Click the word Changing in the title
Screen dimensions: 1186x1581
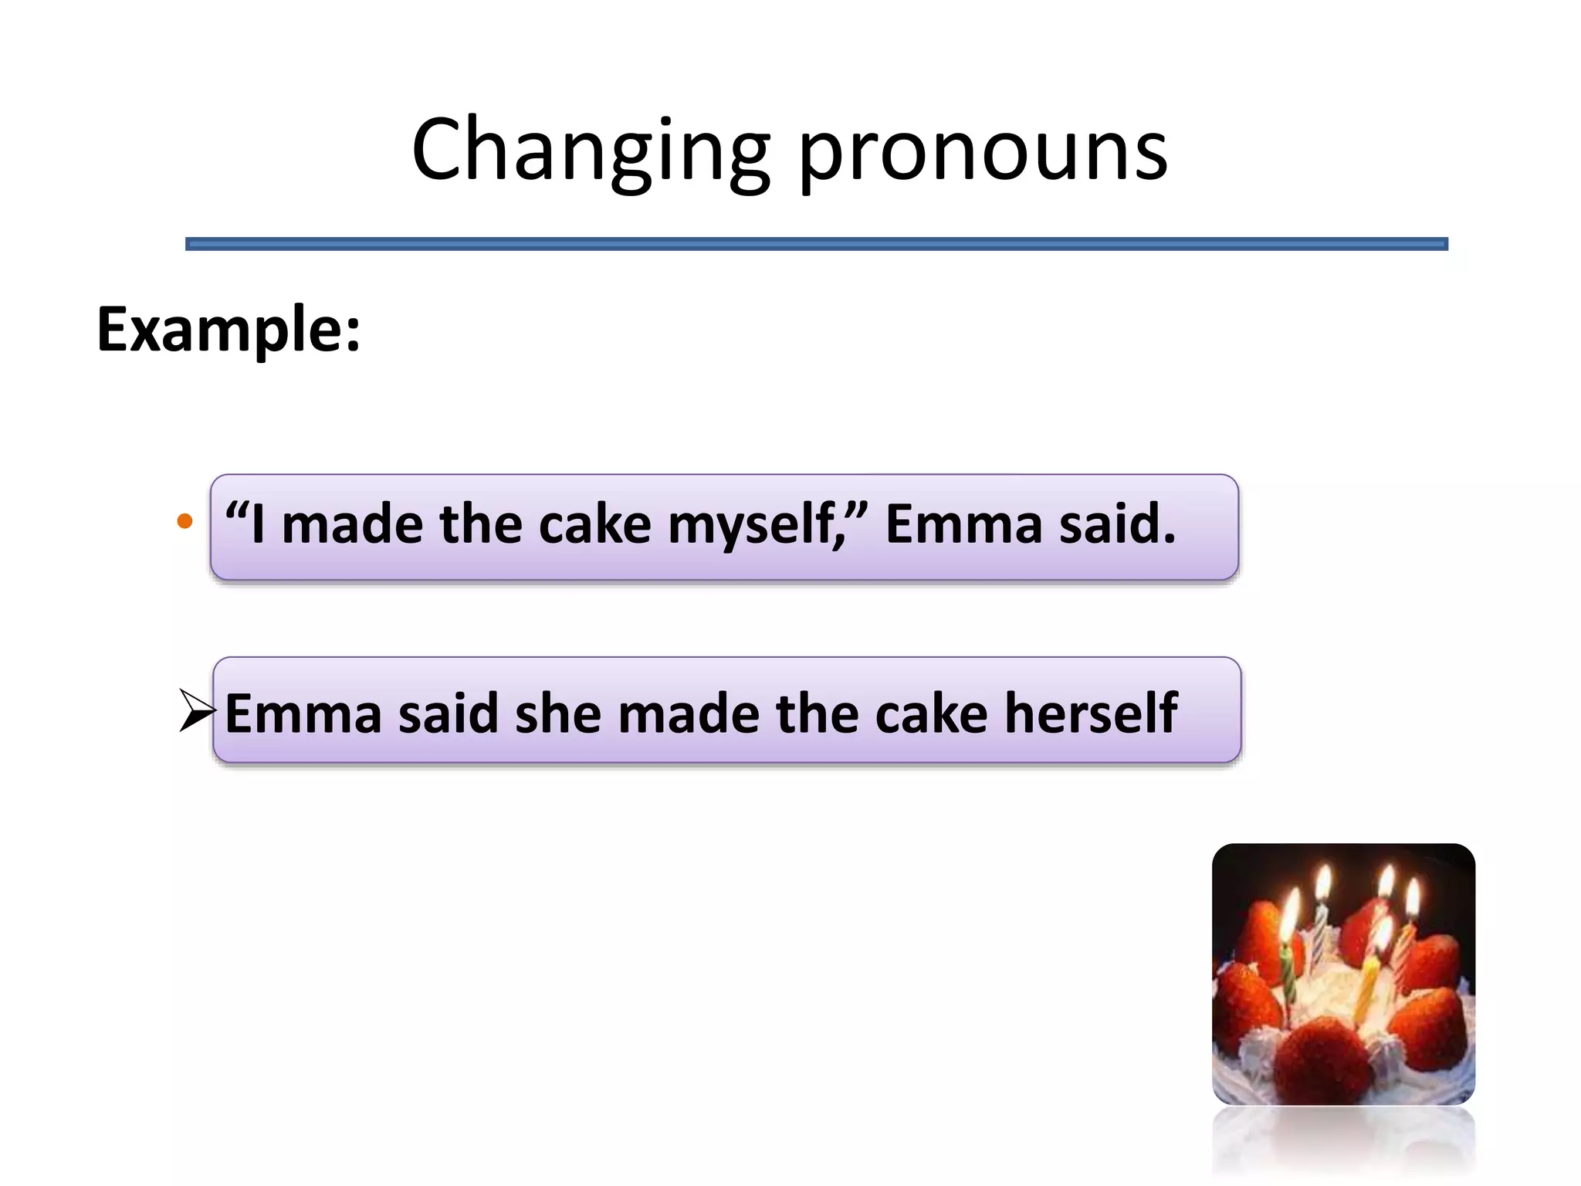[x=591, y=151]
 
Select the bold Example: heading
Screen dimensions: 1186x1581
[x=229, y=330]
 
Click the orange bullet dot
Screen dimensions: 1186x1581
[x=185, y=521]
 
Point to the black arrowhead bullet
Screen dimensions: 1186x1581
[x=196, y=710]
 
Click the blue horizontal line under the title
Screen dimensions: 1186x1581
[x=816, y=244]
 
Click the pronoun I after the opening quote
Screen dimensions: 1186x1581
[x=258, y=524]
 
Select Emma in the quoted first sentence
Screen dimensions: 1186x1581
[x=963, y=524]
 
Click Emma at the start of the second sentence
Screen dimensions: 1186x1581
[x=303, y=713]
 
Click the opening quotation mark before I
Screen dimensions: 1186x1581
[x=235, y=510]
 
